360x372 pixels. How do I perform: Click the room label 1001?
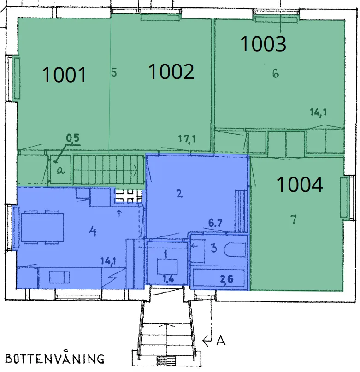point(64,75)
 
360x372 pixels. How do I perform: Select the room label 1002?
point(171,71)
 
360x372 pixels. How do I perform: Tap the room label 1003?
point(263,44)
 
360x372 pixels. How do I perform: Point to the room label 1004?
point(300,184)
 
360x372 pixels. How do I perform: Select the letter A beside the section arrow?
point(221,341)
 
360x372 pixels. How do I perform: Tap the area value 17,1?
point(187,139)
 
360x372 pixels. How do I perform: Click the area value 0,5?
point(73,138)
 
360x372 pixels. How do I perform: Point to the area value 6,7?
point(215,223)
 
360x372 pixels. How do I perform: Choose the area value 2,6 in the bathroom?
point(227,279)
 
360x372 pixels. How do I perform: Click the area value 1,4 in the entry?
point(168,278)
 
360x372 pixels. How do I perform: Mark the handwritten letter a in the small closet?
point(61,170)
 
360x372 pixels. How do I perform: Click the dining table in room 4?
point(42,227)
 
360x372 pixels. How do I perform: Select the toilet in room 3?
point(235,250)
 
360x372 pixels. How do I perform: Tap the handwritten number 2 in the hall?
point(180,194)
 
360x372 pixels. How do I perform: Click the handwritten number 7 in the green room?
point(294,219)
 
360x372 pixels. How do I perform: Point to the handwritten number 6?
point(276,73)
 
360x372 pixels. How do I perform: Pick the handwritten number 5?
point(114,72)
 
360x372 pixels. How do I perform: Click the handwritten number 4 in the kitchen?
point(93,231)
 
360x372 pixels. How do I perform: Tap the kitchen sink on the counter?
point(59,278)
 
